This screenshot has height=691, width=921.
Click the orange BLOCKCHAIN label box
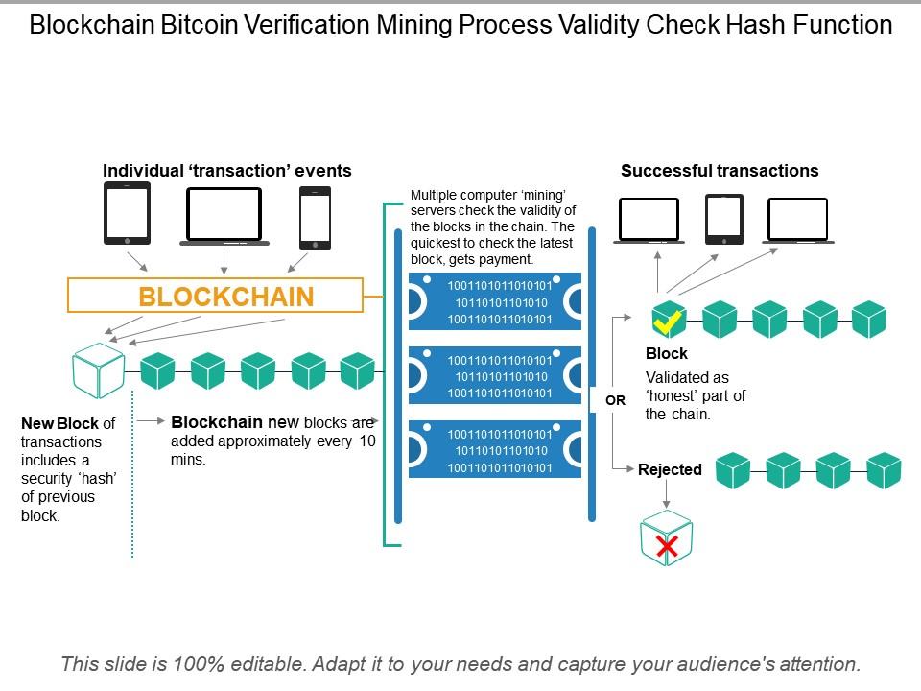[x=215, y=296]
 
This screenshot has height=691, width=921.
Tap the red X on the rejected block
[x=668, y=547]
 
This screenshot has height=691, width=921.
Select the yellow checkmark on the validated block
[x=668, y=321]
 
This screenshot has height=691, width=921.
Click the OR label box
[x=615, y=400]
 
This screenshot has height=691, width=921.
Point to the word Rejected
[x=670, y=469]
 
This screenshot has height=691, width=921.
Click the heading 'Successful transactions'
[x=720, y=171]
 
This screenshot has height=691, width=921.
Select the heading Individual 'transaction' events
[x=227, y=171]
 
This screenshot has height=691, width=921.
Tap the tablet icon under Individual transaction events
[x=127, y=214]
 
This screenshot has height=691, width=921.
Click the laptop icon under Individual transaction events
[x=224, y=216]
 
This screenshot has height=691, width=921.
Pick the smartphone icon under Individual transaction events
[x=315, y=218]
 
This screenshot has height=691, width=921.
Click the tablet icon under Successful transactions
[x=723, y=220]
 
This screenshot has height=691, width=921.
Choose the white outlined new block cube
[x=98, y=370]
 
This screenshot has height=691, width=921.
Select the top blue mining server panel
[x=495, y=302]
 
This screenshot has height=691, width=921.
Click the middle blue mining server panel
[x=495, y=376]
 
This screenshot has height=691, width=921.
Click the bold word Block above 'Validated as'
[x=666, y=353]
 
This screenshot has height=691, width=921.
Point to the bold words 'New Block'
[x=59, y=423]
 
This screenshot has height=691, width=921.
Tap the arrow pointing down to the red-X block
[x=668, y=492]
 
